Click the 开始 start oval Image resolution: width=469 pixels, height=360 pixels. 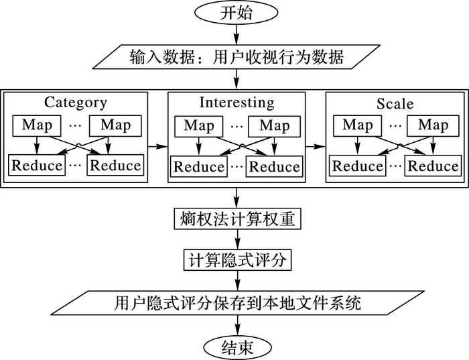tap(236, 13)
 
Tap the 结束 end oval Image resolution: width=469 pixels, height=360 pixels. tap(236, 346)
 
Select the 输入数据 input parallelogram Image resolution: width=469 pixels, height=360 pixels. tap(236, 58)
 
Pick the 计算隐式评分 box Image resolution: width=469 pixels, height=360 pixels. tap(237, 259)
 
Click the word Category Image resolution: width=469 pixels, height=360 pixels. tap(76, 103)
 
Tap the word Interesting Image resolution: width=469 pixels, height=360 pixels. tap(237, 103)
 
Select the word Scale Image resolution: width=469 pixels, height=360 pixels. tap(395, 104)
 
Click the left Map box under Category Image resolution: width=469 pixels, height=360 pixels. tap(38, 125)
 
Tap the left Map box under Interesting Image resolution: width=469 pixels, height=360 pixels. tap(199, 125)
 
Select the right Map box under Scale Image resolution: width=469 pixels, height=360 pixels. tap(432, 125)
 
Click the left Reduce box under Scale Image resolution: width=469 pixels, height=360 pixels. tap(358, 166)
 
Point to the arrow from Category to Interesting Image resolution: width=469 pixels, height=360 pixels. tap(157, 145)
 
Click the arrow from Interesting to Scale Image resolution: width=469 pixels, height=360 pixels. tap(315, 145)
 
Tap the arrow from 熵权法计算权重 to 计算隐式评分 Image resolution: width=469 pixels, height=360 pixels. tap(237, 239)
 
